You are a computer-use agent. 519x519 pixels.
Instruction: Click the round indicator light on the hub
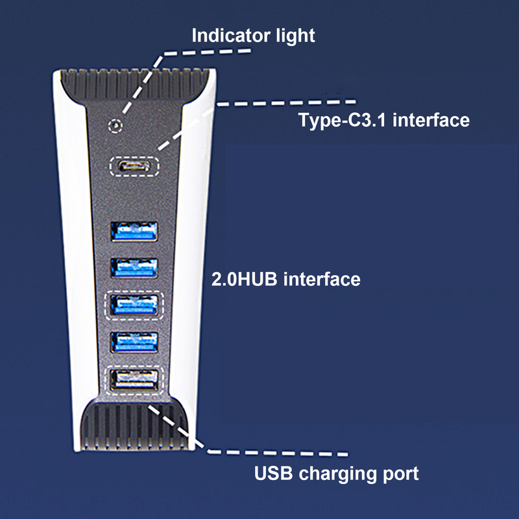point(116,124)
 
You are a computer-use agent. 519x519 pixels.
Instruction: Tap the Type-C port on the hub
point(135,165)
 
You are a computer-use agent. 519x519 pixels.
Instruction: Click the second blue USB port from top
point(135,268)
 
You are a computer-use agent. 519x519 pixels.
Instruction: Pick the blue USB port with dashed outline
point(135,304)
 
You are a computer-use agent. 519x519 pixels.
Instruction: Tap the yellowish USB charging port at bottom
point(135,379)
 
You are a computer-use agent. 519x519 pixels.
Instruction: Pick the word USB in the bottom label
point(272,473)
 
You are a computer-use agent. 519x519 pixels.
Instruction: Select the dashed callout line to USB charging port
point(188,431)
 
